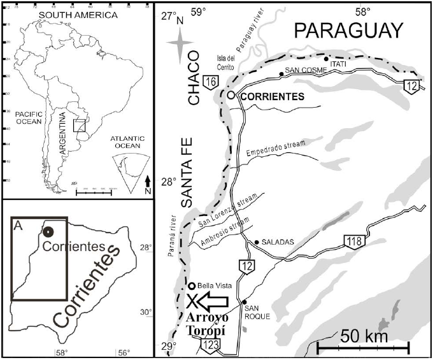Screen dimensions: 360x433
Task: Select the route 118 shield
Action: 355,241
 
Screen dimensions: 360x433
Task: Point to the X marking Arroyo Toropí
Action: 190,300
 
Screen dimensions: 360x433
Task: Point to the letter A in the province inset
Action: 18,225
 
